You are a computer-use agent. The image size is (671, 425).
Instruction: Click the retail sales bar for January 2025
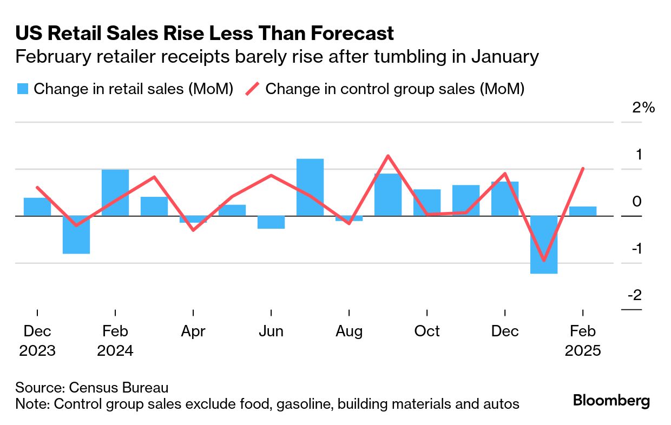point(544,244)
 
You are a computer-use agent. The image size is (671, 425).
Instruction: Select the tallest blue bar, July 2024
point(310,187)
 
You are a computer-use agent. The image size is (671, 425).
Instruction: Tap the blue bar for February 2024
point(115,192)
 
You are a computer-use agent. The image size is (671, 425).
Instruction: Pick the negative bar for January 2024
point(76,235)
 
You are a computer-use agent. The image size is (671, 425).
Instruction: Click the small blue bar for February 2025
point(583,211)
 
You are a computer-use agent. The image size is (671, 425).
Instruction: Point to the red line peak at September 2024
point(388,156)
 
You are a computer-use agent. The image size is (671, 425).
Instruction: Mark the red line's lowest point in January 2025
point(543,260)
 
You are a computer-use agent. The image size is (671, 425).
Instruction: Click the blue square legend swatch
point(22,89)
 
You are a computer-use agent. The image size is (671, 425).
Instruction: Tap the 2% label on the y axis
point(643,107)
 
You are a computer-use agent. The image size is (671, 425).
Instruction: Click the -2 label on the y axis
point(634,295)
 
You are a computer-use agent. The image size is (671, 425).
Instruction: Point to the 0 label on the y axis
point(637,201)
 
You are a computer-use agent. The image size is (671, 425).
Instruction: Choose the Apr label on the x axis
point(193,331)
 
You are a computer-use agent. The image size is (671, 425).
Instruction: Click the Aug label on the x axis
point(349,331)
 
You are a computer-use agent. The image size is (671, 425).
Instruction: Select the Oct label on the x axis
point(427,331)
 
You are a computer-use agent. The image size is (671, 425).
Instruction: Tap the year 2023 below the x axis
point(37,350)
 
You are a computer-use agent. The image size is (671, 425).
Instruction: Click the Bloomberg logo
point(611,401)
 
